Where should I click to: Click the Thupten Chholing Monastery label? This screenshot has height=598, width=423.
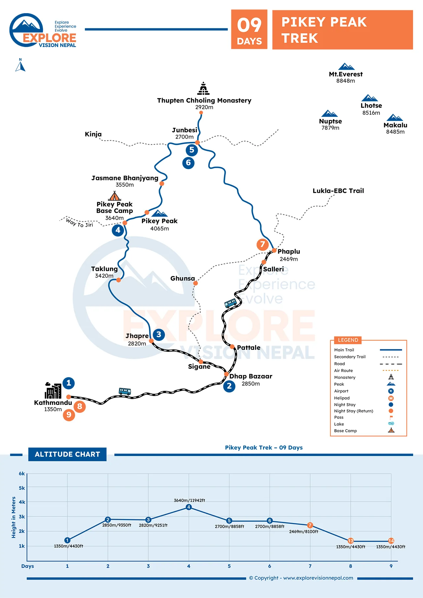(204, 100)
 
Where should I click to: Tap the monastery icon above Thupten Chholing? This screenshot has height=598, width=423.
(204, 88)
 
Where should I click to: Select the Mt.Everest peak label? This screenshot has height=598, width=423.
(346, 74)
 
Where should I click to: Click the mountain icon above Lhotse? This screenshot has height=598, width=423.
(369, 98)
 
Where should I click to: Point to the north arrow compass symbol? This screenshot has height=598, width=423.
(20, 65)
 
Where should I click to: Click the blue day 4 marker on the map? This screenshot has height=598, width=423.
(118, 230)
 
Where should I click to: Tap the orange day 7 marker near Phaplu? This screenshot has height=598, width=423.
(263, 244)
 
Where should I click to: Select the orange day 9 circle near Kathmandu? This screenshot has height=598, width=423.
(69, 415)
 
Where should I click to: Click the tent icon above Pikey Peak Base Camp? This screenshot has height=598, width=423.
(115, 196)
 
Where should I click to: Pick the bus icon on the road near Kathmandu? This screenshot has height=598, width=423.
(125, 391)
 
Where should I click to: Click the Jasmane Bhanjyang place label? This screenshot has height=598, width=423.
(125, 178)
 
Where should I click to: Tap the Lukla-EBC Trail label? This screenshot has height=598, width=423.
(338, 191)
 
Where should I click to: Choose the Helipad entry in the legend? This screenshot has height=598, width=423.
(342, 398)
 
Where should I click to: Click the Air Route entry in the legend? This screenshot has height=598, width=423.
(343, 371)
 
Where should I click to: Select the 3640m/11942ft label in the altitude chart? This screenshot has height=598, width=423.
(189, 500)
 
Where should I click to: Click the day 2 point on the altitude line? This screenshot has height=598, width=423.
(108, 519)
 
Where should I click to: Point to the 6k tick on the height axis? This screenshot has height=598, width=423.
(22, 474)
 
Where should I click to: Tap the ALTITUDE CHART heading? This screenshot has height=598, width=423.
(67, 454)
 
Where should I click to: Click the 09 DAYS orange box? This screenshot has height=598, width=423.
(249, 29)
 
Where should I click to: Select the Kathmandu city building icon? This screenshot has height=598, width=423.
(53, 391)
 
